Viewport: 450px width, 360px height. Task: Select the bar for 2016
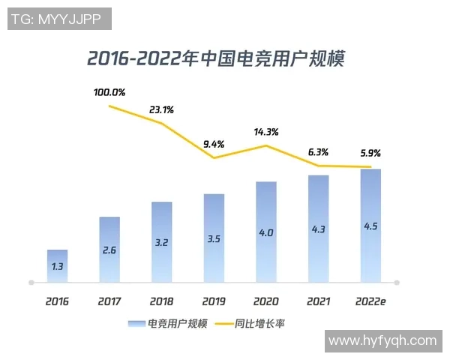[57, 266]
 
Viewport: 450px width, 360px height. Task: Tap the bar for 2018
[161, 241]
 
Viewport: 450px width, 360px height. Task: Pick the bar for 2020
[265, 232]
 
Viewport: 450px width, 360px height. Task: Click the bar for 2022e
[370, 225]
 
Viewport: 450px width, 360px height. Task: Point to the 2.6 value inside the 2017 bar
[109, 250]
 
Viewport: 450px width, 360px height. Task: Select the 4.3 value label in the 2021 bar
[318, 229]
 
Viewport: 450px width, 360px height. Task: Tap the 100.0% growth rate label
[109, 92]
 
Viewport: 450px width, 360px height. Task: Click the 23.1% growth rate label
[161, 109]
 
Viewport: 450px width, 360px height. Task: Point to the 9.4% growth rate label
[214, 144]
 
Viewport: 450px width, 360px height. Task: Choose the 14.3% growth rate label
[265, 131]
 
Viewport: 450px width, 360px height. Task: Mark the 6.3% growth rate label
[318, 151]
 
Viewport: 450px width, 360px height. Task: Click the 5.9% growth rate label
[370, 153]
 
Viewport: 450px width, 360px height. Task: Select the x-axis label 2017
[109, 301]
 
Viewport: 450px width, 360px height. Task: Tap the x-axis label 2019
[214, 301]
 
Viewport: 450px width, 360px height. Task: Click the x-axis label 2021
[318, 301]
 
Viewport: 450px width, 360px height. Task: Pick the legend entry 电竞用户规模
[167, 324]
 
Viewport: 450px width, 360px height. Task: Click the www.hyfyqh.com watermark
[382, 340]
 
